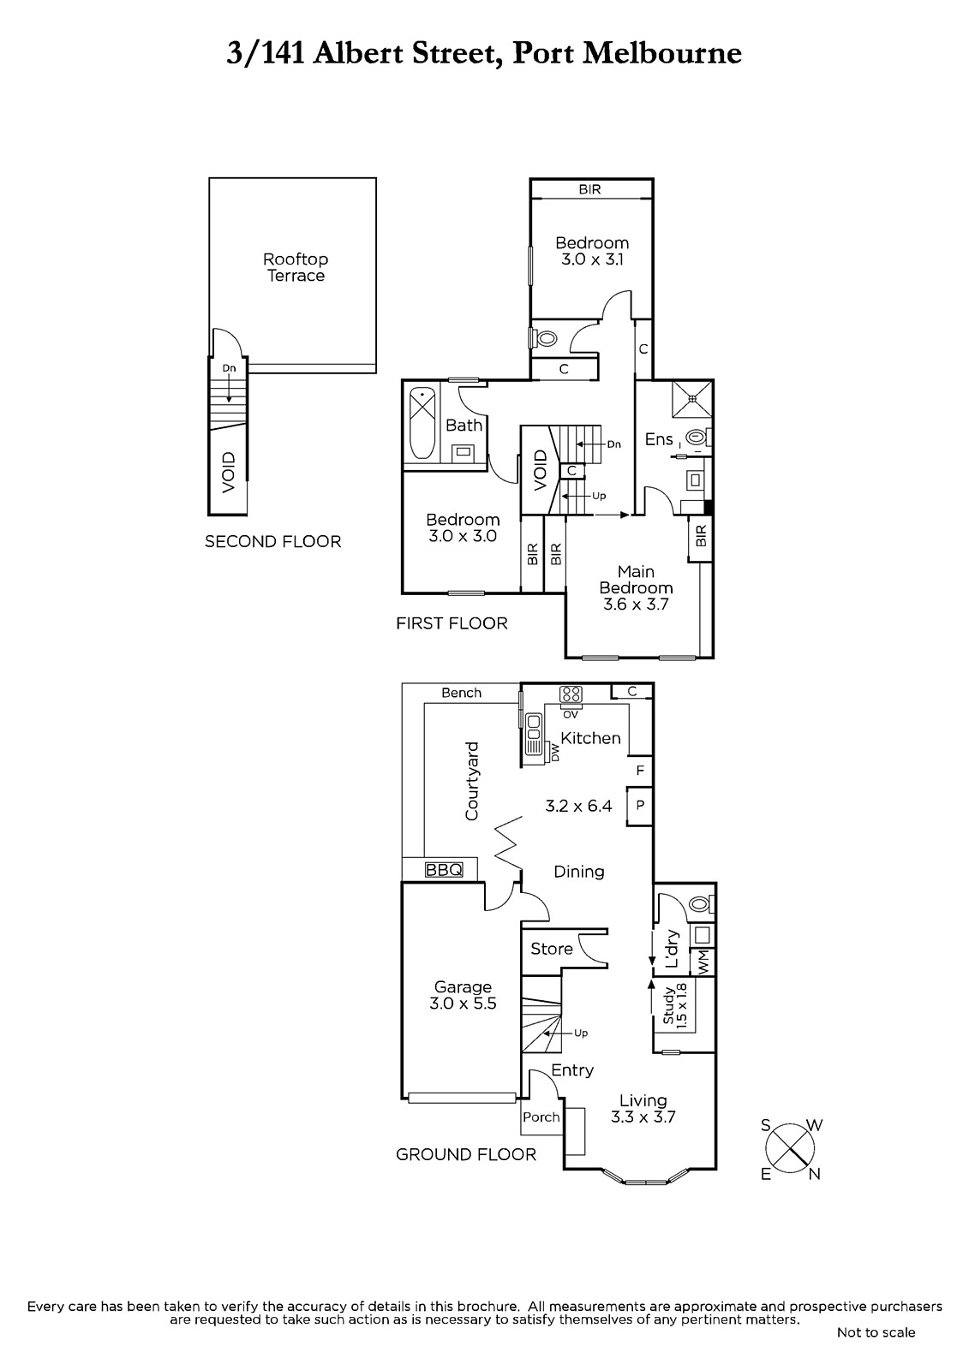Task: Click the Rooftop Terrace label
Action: [296, 267]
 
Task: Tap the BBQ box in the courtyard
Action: [444, 869]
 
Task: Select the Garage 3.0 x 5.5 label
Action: [463, 995]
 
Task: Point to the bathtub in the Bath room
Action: [422, 423]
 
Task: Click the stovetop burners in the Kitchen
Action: [571, 694]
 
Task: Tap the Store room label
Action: [552, 949]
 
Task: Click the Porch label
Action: [541, 1117]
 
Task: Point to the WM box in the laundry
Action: [702, 962]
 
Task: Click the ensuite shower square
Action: [693, 399]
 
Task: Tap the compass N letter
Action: [814, 1174]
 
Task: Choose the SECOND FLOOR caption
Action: [273, 541]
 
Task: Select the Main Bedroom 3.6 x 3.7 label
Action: [636, 587]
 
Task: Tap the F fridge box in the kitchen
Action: [640, 770]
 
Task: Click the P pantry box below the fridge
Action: [640, 806]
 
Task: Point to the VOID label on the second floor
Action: [228, 472]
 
